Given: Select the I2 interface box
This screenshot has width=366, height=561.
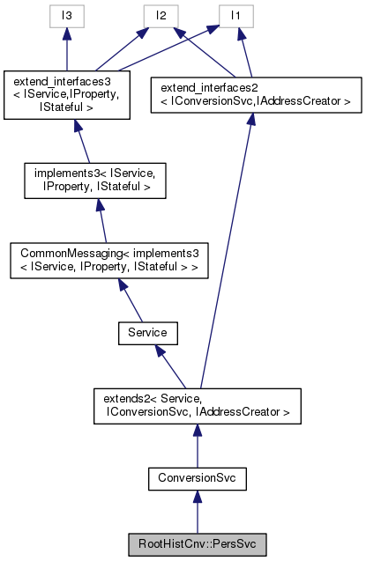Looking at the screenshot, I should coord(160,15).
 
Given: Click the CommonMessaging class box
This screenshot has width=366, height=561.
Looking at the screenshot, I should coord(108,263).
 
